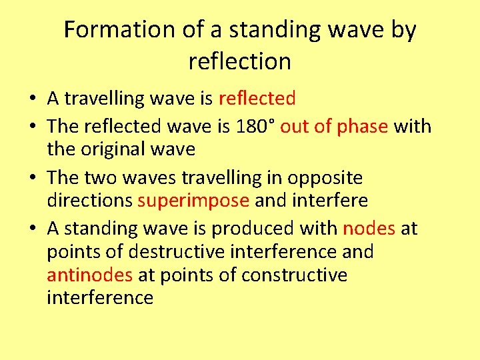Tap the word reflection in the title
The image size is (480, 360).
[x=240, y=62]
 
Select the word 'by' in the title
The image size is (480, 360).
[x=402, y=30]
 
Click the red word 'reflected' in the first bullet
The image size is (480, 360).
[x=257, y=99]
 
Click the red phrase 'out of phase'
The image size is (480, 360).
[x=333, y=126]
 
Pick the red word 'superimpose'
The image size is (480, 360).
[x=193, y=201]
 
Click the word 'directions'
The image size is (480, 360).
[x=90, y=201]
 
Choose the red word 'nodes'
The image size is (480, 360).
[x=369, y=229]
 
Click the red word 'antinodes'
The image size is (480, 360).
[x=90, y=275]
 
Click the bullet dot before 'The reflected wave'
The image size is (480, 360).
[x=32, y=127]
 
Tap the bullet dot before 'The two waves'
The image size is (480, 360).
[x=32, y=179]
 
